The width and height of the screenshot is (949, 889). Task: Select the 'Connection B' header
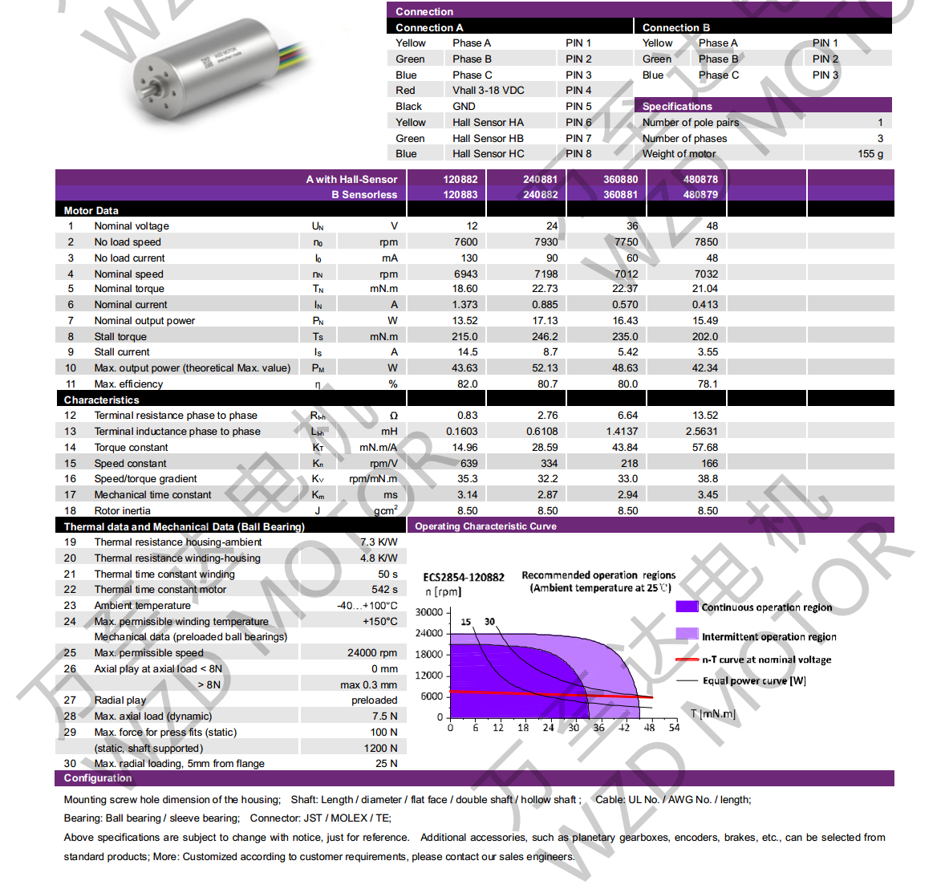675,27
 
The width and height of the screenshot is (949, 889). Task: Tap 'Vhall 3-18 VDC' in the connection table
488,90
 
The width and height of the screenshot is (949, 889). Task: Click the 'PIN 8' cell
578,153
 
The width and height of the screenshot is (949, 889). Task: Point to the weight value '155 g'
870,153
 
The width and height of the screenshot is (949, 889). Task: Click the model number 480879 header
700,194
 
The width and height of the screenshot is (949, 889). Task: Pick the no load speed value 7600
465,242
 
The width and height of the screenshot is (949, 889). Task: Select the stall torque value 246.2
545,336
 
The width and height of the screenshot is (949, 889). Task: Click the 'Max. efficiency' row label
128,384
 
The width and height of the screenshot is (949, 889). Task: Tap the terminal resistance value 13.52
705,415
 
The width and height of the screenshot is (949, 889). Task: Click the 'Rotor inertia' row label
122,510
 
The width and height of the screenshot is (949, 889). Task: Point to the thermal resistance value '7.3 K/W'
378,542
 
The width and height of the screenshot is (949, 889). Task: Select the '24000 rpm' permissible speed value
371,652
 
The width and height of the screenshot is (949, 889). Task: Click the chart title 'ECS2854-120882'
463,577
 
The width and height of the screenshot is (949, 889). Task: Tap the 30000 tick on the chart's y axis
428,612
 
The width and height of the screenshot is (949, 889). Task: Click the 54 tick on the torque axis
674,728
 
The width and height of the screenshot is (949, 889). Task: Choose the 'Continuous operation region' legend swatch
687,607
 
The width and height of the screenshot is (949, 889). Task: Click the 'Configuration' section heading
98,777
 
